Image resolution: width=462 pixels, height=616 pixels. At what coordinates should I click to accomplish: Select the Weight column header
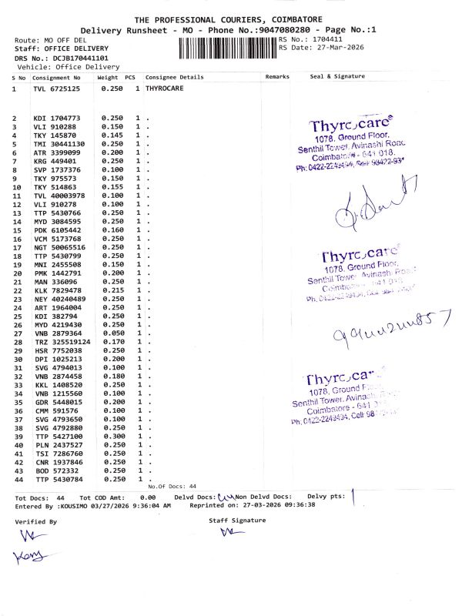click(108, 78)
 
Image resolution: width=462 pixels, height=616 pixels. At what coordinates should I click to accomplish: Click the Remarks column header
click(276, 78)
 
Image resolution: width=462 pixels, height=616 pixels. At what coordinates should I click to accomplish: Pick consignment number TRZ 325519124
click(62, 342)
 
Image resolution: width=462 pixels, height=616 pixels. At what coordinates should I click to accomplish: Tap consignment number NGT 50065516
click(59, 247)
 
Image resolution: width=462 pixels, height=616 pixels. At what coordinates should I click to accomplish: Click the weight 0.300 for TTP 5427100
click(112, 437)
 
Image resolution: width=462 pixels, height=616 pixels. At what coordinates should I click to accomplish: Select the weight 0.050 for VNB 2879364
click(112, 333)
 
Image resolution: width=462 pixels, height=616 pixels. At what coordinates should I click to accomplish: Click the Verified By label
click(36, 521)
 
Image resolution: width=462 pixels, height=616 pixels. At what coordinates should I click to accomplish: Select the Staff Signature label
click(237, 521)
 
